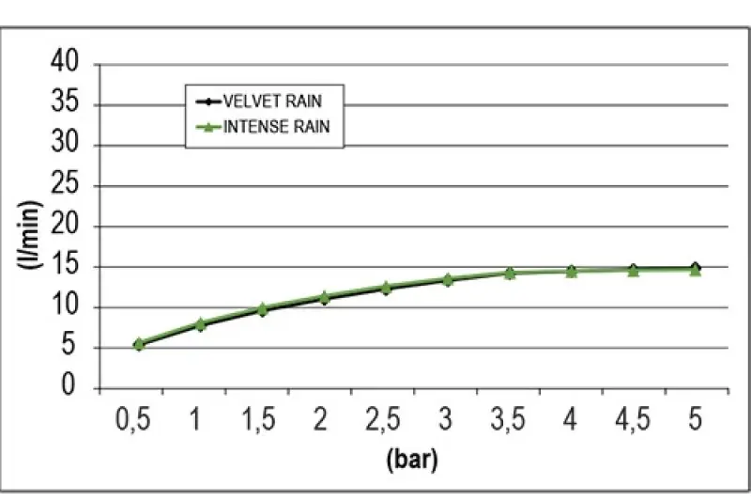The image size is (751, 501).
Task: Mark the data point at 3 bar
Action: point(447,280)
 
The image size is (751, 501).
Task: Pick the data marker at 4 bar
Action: point(571,271)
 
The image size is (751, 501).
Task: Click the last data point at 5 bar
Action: point(696,269)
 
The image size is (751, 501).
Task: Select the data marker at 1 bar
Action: point(200,324)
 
